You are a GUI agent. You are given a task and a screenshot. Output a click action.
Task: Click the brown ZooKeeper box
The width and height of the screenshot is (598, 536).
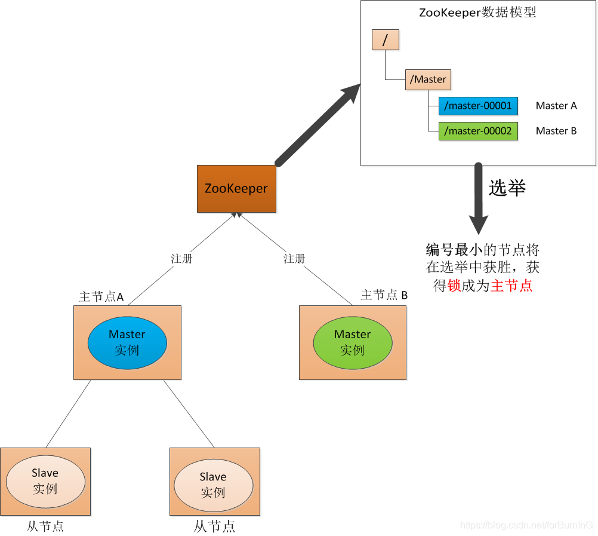[x=236, y=189]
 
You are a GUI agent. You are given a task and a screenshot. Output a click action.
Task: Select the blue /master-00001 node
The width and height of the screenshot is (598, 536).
[x=478, y=106]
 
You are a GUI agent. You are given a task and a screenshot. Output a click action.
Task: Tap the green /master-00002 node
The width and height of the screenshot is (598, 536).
[x=478, y=131]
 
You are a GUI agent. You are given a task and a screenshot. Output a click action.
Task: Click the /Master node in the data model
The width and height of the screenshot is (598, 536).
[x=428, y=79]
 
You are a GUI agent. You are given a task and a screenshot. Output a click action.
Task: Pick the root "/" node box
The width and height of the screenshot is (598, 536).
[x=385, y=40]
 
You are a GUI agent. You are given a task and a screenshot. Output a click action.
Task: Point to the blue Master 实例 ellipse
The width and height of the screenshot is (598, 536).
[x=127, y=342]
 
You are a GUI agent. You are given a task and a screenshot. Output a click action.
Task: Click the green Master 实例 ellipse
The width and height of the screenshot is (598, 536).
[x=352, y=342]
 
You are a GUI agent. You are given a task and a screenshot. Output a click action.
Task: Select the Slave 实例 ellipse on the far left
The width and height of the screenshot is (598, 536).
[x=45, y=480]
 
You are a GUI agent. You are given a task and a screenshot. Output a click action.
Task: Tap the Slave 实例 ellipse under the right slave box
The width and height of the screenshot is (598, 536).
[x=213, y=484]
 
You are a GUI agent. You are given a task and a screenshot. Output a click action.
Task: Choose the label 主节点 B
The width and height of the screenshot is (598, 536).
[x=384, y=295]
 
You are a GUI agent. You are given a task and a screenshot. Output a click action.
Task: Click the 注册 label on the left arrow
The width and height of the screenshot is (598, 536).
[x=181, y=259]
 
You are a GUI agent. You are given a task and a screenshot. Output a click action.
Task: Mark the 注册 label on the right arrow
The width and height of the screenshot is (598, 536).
[x=294, y=259]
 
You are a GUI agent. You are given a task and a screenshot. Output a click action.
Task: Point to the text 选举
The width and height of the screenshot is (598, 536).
[x=507, y=188]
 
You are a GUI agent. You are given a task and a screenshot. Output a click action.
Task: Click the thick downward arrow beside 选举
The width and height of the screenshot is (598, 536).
[x=479, y=197]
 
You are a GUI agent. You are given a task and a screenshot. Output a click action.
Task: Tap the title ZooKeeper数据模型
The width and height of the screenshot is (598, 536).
[x=478, y=12]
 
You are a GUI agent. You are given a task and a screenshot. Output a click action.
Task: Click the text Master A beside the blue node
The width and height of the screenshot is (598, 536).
[x=556, y=106]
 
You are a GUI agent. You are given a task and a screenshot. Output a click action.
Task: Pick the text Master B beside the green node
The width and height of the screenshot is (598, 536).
[x=556, y=131]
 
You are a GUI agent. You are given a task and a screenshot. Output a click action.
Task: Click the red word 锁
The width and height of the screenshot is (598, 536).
[x=454, y=286]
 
